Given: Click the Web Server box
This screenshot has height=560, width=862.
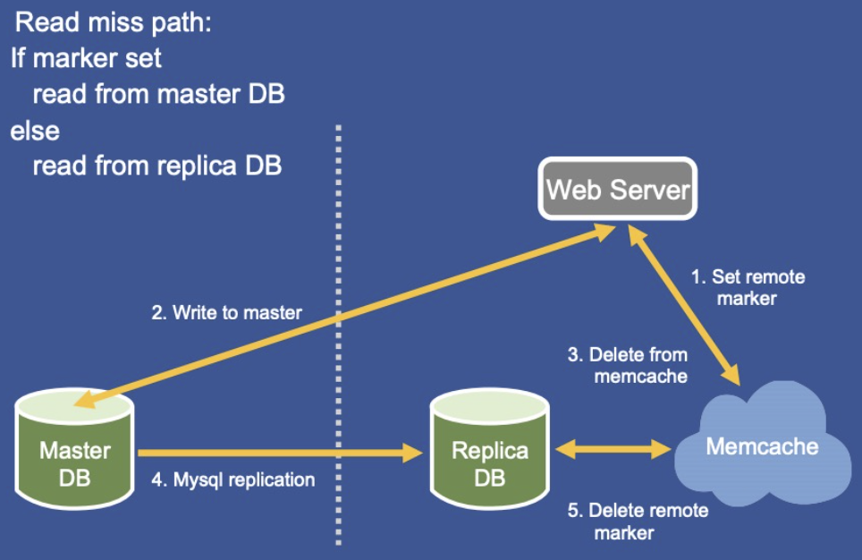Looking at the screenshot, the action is pyautogui.click(x=617, y=189).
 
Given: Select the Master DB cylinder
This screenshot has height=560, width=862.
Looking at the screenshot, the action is pyautogui.click(x=75, y=451).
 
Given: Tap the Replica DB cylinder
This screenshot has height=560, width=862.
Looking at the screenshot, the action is pyautogui.click(x=489, y=449).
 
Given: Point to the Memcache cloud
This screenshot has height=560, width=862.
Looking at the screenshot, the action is pyautogui.click(x=763, y=443).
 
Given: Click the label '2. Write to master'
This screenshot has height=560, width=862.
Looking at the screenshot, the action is pyautogui.click(x=226, y=312).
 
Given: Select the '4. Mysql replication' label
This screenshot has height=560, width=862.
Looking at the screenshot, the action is pyautogui.click(x=233, y=479).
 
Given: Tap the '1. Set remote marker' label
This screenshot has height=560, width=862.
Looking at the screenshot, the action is pyautogui.click(x=748, y=287).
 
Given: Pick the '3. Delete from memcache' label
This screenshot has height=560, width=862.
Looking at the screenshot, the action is pyautogui.click(x=628, y=365).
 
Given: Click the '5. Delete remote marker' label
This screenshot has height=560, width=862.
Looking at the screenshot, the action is pyautogui.click(x=638, y=522).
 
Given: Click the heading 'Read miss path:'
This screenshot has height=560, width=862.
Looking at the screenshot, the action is pyautogui.click(x=113, y=22).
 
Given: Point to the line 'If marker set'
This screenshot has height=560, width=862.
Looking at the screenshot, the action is pyautogui.click(x=86, y=58).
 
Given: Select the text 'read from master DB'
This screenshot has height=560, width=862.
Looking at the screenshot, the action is pyautogui.click(x=159, y=94).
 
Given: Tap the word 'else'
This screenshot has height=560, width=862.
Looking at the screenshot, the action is pyautogui.click(x=35, y=131).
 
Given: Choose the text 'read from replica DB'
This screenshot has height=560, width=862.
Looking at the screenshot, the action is pyautogui.click(x=157, y=165).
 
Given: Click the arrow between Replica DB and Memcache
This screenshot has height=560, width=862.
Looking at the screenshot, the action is pyautogui.click(x=613, y=449).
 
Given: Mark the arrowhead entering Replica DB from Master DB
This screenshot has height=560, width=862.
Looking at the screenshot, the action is pyautogui.click(x=412, y=453).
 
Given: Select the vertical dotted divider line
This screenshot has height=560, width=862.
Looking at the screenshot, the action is pyautogui.click(x=338, y=335).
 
